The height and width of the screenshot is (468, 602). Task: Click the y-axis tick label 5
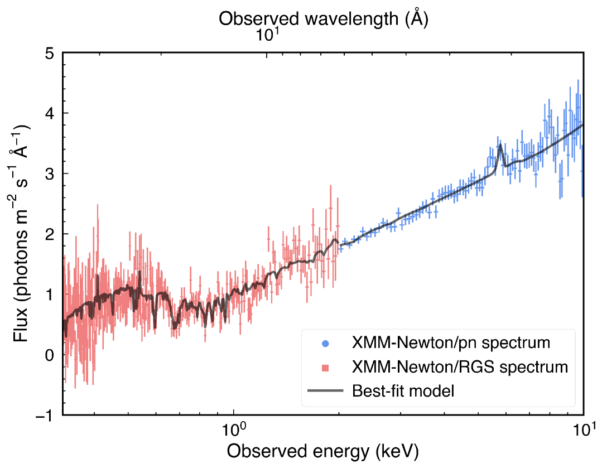49,54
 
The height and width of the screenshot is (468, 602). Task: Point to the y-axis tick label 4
49,113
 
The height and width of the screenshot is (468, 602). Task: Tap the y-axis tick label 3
49,173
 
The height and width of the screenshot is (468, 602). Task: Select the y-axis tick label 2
49,234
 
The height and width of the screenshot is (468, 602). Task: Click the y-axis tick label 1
49,294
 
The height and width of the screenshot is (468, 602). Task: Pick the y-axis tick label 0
49,355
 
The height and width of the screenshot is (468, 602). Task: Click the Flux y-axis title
21,234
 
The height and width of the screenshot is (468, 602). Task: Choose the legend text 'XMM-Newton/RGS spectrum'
460,367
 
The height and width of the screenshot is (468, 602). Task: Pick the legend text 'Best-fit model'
403,391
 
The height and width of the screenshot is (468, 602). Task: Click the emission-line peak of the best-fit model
500,145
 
